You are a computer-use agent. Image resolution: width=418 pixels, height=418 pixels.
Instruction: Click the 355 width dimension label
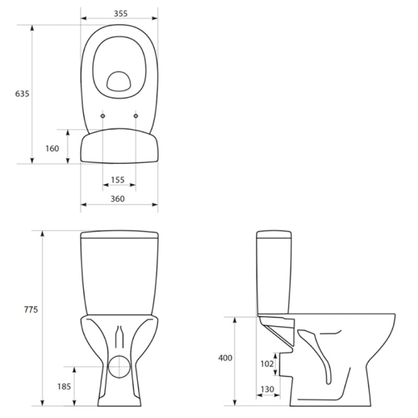pyautogui.click(x=119, y=14)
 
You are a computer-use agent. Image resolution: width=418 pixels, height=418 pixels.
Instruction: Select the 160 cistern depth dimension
pyautogui.click(x=53, y=148)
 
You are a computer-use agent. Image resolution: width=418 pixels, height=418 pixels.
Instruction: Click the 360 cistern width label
pyautogui.click(x=119, y=198)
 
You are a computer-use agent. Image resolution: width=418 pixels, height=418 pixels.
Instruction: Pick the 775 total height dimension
pyautogui.click(x=30, y=309)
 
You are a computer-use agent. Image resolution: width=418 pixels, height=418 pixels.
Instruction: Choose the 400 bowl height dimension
pyautogui.click(x=225, y=358)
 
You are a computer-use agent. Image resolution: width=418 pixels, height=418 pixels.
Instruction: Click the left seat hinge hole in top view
pyautogui.click(x=103, y=115)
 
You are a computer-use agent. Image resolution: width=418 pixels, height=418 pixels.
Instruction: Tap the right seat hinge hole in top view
pyautogui.click(x=136, y=115)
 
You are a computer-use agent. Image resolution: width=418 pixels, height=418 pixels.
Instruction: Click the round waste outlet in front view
pyautogui.click(x=119, y=365)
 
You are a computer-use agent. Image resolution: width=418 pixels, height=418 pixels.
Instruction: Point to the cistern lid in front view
pyautogui.click(x=119, y=235)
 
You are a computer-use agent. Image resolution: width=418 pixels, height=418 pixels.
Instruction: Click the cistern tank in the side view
pyautogui.click(x=273, y=272)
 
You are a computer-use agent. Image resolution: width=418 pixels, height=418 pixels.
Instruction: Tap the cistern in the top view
pyautogui.click(x=119, y=148)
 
